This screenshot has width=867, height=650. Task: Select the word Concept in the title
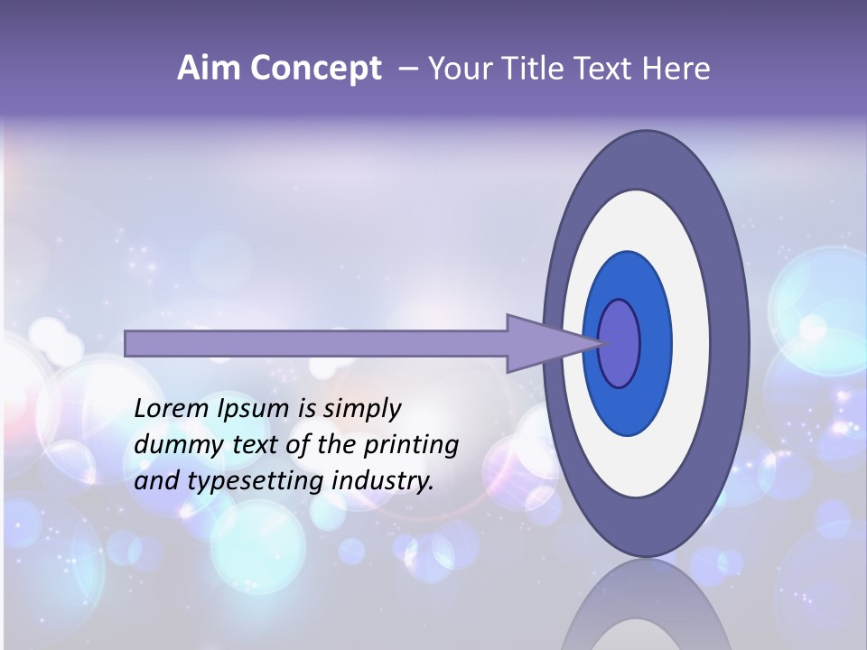pos(316,69)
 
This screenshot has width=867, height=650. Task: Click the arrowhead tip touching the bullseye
pos(600,343)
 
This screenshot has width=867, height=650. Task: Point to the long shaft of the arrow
pos(316,343)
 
